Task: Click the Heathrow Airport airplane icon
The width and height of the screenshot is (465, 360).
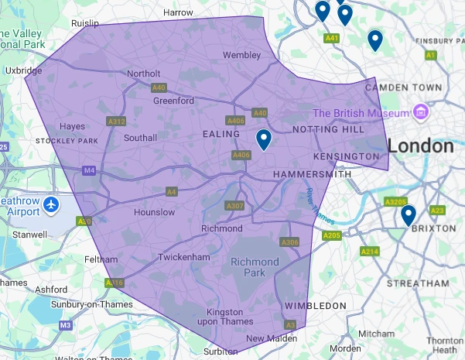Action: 52,205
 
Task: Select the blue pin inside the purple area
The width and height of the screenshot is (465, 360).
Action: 264,139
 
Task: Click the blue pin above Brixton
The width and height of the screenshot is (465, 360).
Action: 409,214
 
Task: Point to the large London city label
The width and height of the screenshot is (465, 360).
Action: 421,146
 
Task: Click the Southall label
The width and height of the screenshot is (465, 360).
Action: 141,138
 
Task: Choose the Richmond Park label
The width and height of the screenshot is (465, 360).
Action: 255,267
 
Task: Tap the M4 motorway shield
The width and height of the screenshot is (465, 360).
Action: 91,170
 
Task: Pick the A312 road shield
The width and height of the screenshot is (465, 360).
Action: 117,122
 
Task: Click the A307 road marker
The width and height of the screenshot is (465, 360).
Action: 234,205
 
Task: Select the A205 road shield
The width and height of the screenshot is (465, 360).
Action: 331,235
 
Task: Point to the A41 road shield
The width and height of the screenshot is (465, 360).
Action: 333,37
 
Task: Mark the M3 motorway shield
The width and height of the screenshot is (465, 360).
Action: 65,325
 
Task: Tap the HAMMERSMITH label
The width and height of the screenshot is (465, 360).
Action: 312,175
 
